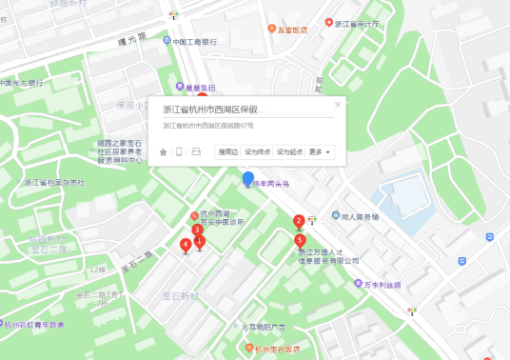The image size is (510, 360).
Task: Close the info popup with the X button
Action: click(338, 104)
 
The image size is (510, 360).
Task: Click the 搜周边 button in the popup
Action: click(227, 151)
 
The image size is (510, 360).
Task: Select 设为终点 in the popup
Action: click(258, 151)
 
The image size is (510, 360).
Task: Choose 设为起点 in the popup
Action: click(289, 151)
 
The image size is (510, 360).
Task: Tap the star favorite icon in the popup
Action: click(163, 151)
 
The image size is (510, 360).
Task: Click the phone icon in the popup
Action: click(179, 151)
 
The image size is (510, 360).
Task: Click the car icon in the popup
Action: click(196, 151)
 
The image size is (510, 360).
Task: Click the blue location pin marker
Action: click(248, 179)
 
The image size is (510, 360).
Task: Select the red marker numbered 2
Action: click(298, 222)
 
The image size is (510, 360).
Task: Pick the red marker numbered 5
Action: click(300, 239)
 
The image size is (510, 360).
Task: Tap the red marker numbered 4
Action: click(185, 245)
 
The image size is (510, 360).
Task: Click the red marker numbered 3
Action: click(197, 230)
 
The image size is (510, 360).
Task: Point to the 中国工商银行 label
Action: click(195, 42)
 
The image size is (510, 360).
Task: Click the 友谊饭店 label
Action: click(292, 30)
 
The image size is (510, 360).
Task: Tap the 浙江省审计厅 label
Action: click(357, 23)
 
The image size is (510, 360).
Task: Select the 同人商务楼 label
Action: click(360, 217)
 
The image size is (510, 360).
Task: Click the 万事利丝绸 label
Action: click(383, 284)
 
